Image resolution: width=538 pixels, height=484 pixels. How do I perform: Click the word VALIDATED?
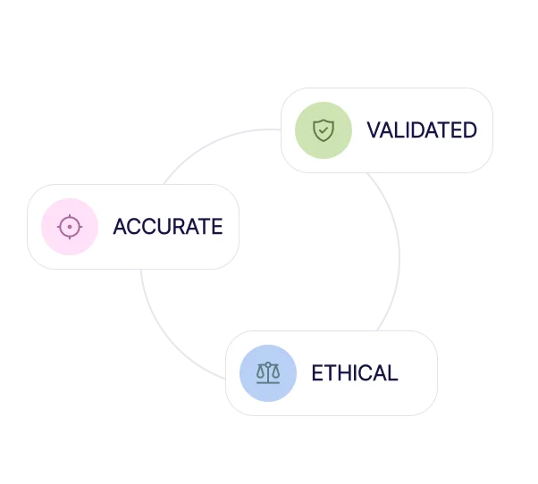point(421,130)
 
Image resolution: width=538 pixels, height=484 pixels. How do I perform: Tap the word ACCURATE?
point(167,227)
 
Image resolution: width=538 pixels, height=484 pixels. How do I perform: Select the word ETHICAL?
point(354,372)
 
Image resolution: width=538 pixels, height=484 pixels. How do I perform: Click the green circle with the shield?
point(323,130)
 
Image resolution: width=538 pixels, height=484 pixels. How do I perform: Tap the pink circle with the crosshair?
point(69,227)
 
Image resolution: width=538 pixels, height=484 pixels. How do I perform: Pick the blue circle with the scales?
point(267,372)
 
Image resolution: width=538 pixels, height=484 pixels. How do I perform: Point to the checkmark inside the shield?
point(323,130)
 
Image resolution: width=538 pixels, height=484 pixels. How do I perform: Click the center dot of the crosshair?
point(69,227)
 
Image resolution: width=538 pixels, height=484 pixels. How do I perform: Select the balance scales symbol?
point(267,372)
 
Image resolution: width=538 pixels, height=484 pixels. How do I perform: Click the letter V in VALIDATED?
point(374,130)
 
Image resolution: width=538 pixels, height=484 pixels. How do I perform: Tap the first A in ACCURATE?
point(120,227)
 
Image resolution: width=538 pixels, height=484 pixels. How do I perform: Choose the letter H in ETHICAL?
point(341,372)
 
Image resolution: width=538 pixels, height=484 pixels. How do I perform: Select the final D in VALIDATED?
point(469,130)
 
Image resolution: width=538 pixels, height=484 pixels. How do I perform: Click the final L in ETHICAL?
point(393,372)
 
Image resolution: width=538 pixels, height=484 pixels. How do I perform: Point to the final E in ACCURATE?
point(217,227)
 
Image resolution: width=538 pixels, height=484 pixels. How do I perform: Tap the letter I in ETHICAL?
point(353,372)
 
